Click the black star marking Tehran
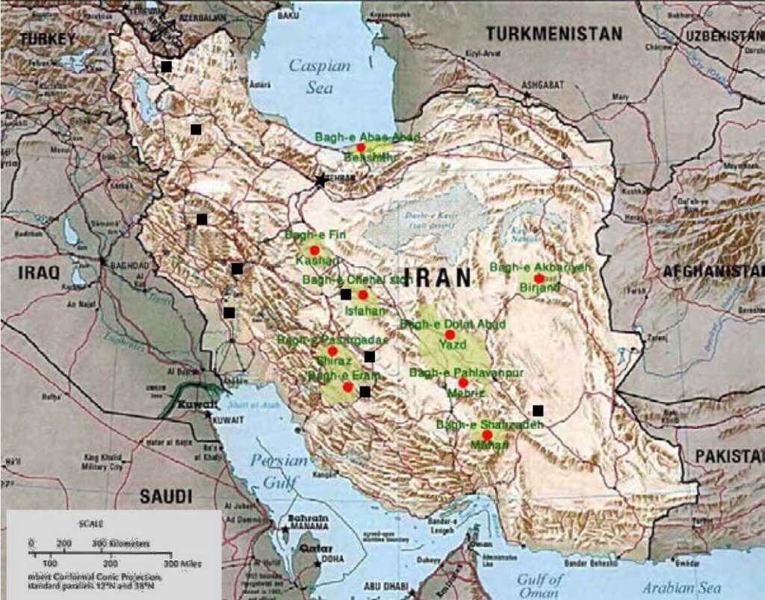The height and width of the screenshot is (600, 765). [321, 180]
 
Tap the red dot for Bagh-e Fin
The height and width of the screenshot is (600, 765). [315, 250]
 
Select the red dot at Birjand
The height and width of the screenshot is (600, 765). [539, 278]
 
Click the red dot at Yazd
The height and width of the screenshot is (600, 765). [450, 335]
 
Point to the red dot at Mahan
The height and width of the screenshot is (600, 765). [487, 435]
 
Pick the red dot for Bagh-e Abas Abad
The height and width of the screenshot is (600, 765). [361, 148]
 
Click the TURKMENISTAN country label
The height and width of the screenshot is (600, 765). [554, 34]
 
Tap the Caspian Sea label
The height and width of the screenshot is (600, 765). [319, 76]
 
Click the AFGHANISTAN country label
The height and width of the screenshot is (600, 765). [713, 271]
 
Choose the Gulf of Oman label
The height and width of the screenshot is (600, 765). [542, 585]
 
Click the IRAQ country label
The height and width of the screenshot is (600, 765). [39, 273]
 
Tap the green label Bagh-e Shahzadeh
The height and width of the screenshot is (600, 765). [489, 424]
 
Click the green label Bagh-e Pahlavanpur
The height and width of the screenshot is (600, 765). [466, 372]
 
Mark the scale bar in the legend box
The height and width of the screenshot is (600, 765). [101, 553]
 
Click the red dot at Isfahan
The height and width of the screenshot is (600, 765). [363, 294]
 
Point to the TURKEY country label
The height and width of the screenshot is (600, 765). [48, 39]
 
